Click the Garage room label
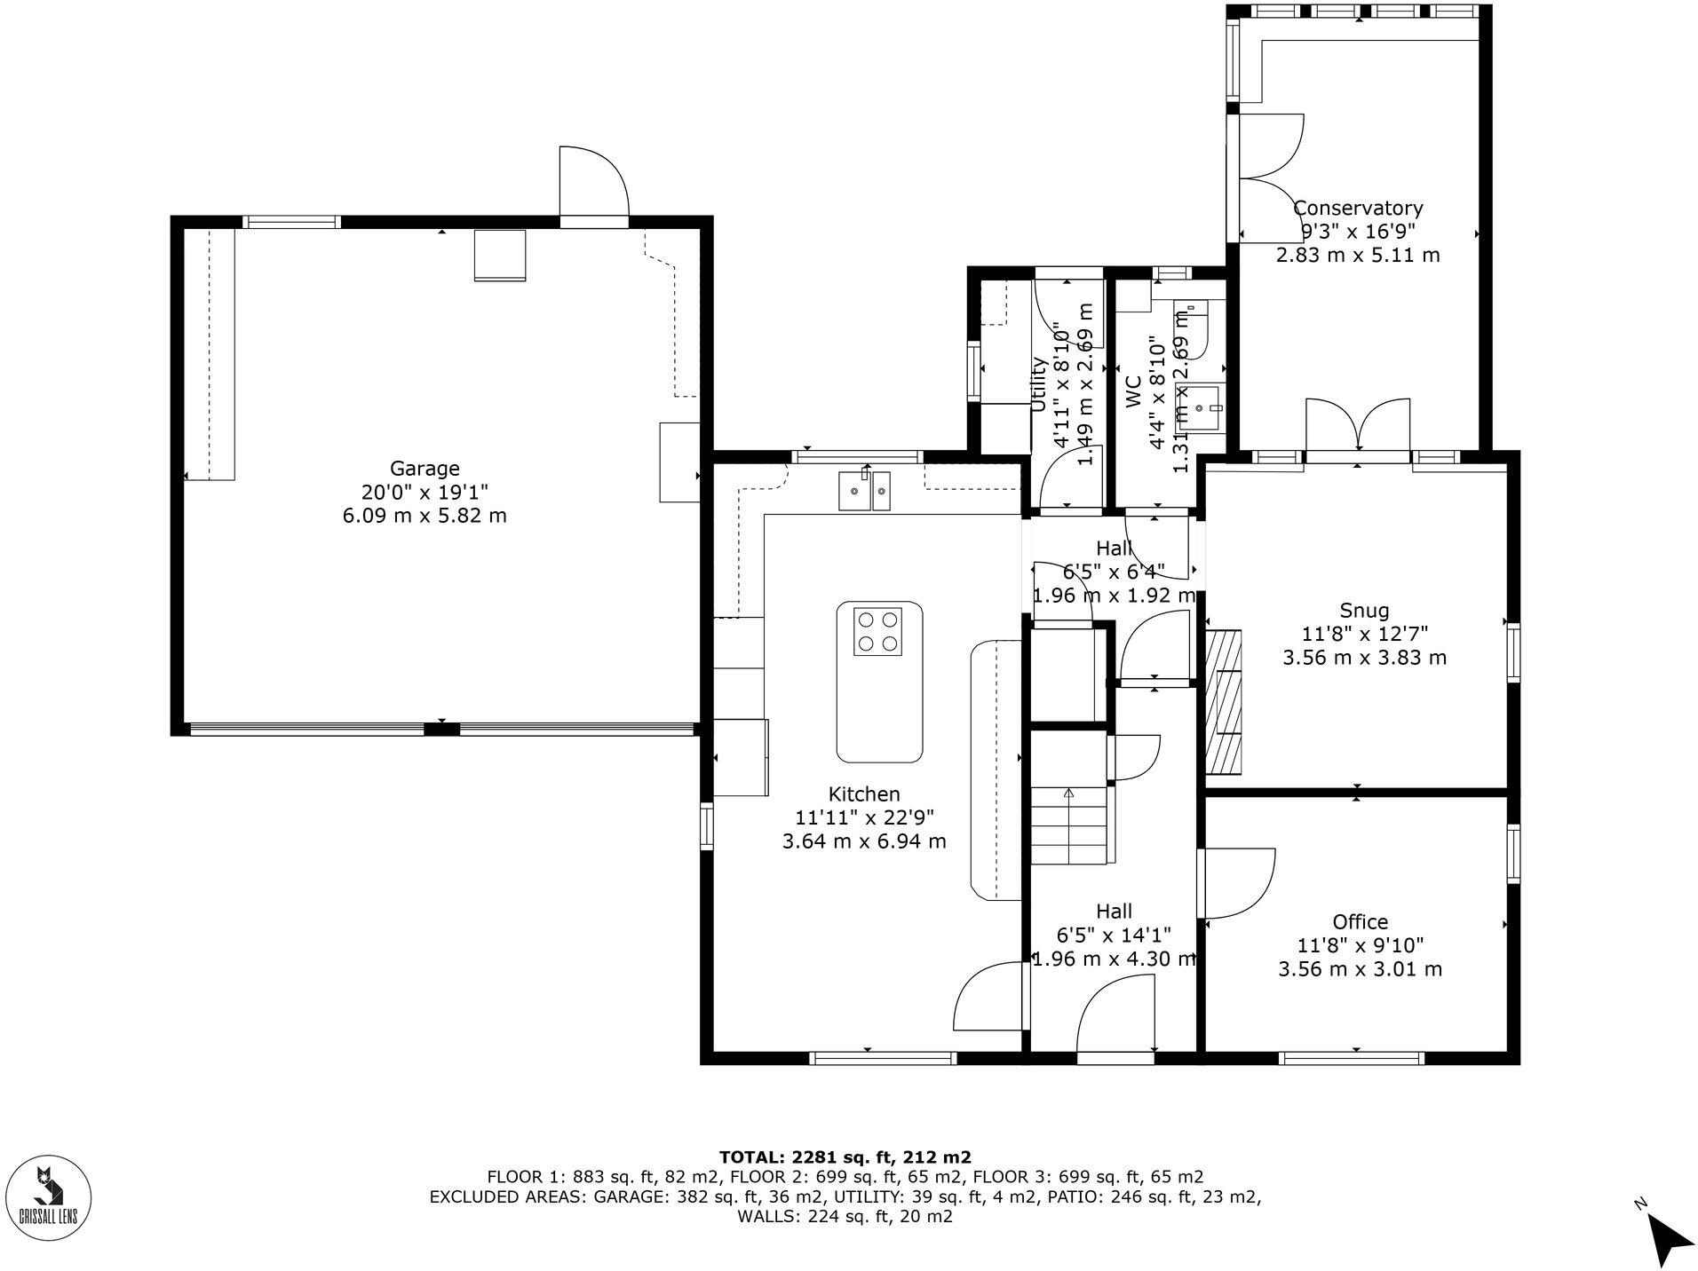(x=424, y=468)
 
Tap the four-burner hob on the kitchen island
(x=877, y=631)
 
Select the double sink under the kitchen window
(x=864, y=491)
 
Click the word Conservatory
(x=1357, y=208)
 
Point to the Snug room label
(x=1363, y=610)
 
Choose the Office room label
(x=1359, y=921)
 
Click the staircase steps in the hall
(x=1069, y=825)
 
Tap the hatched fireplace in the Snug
(x=1223, y=702)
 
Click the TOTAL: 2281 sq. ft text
(x=844, y=1157)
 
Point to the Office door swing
(x=1236, y=882)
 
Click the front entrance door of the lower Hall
(x=1115, y=1014)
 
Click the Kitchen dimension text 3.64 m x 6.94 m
(x=863, y=841)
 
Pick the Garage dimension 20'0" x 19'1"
(x=424, y=492)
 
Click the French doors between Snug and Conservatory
(x=1357, y=430)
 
